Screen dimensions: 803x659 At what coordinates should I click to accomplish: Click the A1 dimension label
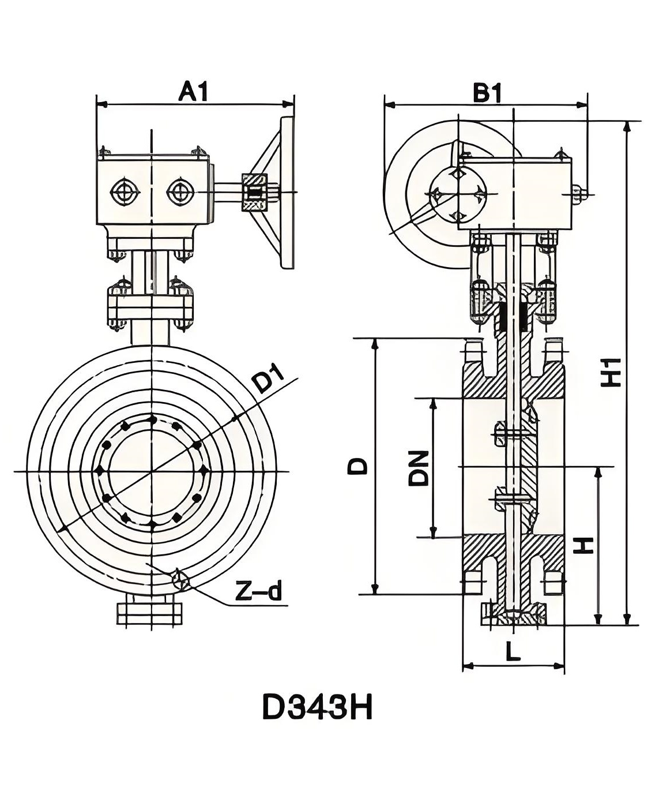(193, 92)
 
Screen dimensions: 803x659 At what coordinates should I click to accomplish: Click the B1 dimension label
(488, 92)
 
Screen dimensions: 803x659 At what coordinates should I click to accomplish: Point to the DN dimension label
(419, 468)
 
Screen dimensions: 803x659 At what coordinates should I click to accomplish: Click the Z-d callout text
(260, 591)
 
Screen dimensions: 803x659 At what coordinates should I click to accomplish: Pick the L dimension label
(513, 652)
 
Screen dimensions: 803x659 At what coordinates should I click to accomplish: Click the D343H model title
(317, 707)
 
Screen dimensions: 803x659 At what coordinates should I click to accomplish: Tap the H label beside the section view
(583, 545)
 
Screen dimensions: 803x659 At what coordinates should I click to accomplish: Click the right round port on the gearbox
(179, 192)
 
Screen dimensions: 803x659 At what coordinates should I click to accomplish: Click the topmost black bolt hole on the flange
(152, 419)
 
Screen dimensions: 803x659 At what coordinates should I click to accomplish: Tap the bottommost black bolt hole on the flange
(152, 524)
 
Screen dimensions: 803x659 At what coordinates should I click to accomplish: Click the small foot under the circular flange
(150, 613)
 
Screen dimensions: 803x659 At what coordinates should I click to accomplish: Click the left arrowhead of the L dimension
(466, 666)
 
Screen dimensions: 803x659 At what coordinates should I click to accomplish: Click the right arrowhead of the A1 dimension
(291, 104)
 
